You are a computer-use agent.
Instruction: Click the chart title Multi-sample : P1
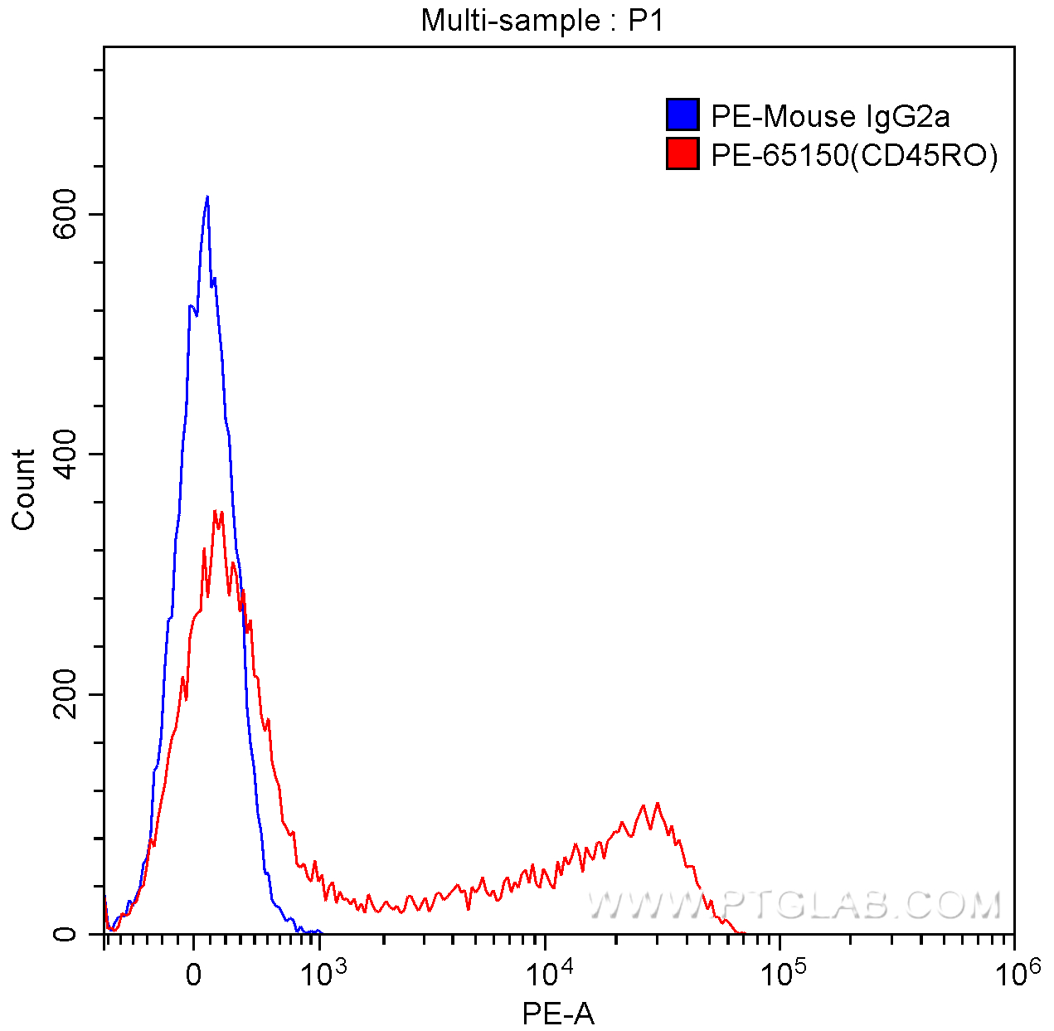point(542,20)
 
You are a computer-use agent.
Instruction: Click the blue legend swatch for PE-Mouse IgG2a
point(682,115)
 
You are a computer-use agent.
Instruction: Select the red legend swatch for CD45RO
point(682,154)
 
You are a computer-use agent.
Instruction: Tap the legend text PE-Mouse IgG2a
point(830,116)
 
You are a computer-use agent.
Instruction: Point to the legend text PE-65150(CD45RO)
point(854,155)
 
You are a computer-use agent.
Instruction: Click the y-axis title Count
point(23,489)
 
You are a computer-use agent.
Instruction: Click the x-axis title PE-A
point(558,1013)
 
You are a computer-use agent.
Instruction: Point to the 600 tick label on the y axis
point(66,214)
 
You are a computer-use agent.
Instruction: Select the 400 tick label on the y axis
point(66,454)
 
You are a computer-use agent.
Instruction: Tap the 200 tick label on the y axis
point(66,694)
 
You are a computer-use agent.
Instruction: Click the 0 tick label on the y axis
point(66,934)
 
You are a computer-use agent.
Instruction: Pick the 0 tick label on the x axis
point(192,975)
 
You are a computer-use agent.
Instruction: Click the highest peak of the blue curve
point(206,197)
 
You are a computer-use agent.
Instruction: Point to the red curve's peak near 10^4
point(658,803)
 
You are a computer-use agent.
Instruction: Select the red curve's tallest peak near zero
point(216,511)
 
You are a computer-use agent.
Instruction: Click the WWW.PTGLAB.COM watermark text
point(794,905)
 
